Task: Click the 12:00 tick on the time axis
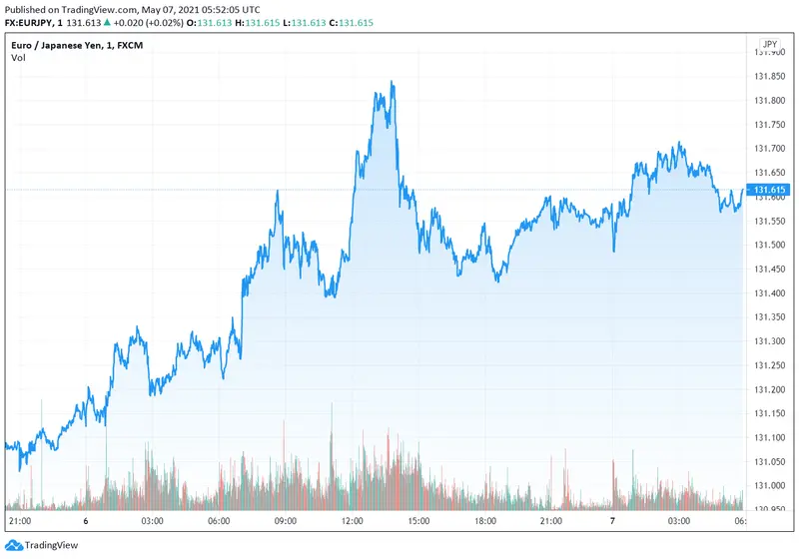pos(352,521)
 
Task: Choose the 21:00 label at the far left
pos(19,521)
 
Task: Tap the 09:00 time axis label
pos(286,521)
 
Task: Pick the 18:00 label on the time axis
pos(484,521)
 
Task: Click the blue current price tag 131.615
pos(770,190)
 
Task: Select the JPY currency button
pos(769,44)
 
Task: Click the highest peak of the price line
pos(393,83)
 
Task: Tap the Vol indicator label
pos(19,58)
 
